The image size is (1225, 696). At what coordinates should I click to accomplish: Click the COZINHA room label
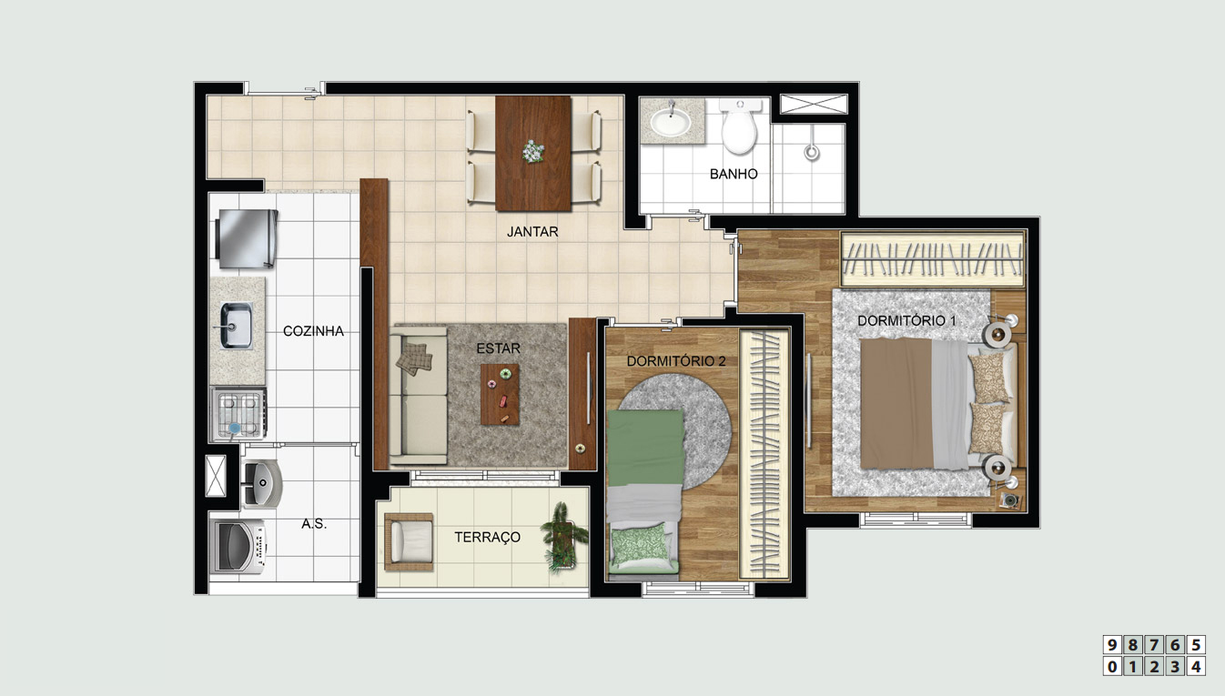pyautogui.click(x=313, y=331)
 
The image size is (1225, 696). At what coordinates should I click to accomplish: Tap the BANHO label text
pyautogui.click(x=734, y=174)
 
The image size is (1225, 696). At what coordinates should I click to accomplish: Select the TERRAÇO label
pyautogui.click(x=487, y=537)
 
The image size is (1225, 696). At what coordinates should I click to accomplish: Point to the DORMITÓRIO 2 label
pyautogui.click(x=676, y=361)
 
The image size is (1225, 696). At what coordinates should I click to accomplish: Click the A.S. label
pyautogui.click(x=314, y=524)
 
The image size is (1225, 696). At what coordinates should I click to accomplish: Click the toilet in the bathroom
pyautogui.click(x=739, y=126)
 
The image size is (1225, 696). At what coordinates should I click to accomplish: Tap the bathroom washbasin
pyautogui.click(x=671, y=122)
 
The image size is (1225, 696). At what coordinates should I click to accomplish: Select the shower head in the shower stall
pyautogui.click(x=812, y=151)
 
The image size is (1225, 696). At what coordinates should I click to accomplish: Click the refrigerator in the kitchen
pyautogui.click(x=246, y=239)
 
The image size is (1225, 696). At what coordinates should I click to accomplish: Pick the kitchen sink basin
pyautogui.click(x=237, y=326)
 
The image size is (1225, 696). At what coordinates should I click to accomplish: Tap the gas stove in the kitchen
pyautogui.click(x=239, y=414)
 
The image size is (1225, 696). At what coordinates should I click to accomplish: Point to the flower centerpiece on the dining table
pyautogui.click(x=532, y=151)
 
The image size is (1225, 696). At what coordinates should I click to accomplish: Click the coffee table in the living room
pyautogui.click(x=500, y=395)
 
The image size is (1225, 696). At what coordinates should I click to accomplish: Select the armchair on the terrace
pyautogui.click(x=409, y=542)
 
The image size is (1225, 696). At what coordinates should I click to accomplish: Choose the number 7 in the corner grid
pyautogui.click(x=1154, y=645)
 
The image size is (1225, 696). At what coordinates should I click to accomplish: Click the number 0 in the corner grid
pyautogui.click(x=1112, y=667)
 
